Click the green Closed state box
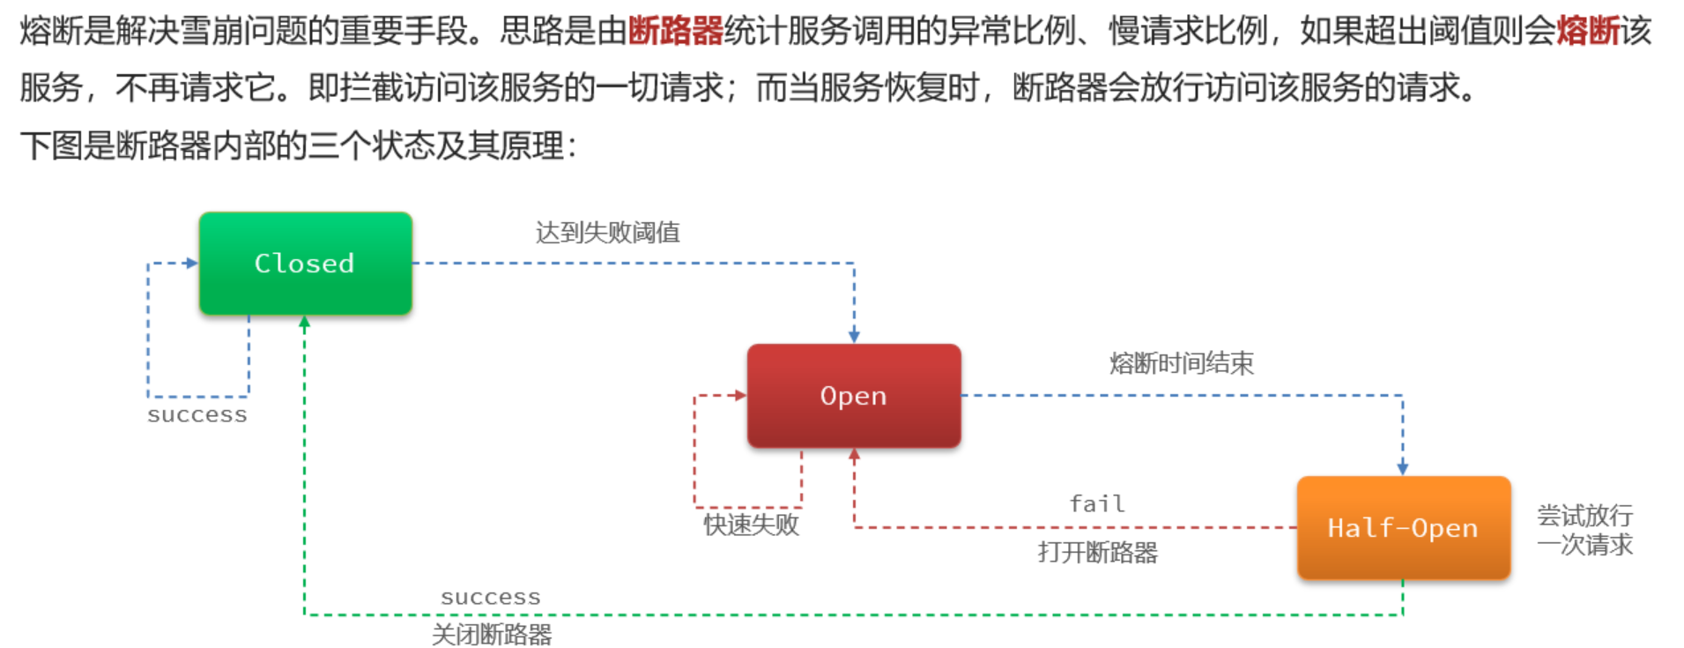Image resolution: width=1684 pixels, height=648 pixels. click(305, 263)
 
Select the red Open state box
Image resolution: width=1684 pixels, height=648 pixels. click(853, 396)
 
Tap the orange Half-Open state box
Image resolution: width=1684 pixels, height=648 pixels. click(1403, 528)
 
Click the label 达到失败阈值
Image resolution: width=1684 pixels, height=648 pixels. click(607, 233)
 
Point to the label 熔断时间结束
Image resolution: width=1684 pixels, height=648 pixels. click(1181, 363)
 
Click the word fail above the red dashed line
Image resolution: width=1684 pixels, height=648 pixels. click(1097, 503)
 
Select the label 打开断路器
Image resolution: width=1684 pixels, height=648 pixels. click(1097, 553)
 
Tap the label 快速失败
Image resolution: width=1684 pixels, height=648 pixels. click(751, 525)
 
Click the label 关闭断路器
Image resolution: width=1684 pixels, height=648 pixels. click(492, 635)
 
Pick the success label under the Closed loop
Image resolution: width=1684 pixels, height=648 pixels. click(197, 414)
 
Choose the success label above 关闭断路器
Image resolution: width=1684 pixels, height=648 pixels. click(491, 597)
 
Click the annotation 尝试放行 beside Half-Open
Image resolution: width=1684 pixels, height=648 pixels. click(1584, 516)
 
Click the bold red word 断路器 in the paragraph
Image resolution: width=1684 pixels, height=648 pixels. click(675, 32)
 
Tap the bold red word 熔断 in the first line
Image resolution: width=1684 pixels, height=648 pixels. click(1588, 32)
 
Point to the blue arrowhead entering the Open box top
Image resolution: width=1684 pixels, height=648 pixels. click(854, 336)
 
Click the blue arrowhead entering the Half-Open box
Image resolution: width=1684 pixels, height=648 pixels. click(1403, 468)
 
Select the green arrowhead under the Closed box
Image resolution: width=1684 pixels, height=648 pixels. click(305, 323)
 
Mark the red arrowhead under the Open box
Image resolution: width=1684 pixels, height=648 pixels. click(854, 455)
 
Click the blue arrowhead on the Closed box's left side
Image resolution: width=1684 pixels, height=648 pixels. click(192, 263)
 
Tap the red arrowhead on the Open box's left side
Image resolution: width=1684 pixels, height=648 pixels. click(740, 396)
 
